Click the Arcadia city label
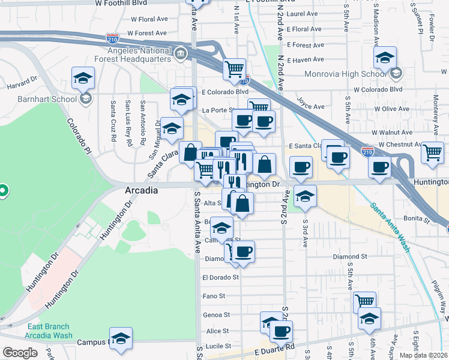click(141, 190)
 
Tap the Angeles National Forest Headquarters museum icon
click(179, 56)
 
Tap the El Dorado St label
click(220, 277)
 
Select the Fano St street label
click(214, 296)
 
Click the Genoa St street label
click(218, 314)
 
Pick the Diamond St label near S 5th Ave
click(350, 256)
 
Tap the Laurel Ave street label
click(302, 13)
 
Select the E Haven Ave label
click(306, 59)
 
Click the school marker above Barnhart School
click(83, 77)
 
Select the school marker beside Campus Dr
click(121, 338)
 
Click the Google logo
click(20, 353)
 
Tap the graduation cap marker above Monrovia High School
click(385, 58)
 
